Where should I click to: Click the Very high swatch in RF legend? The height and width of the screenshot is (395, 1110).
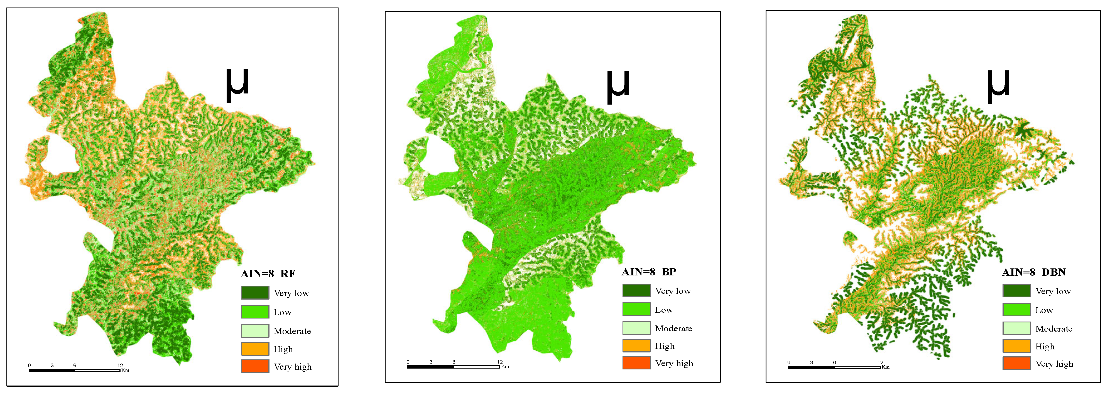click(255, 366)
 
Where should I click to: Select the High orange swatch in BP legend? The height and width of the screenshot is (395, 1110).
click(636, 345)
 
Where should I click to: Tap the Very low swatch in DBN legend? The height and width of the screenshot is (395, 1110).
click(1016, 291)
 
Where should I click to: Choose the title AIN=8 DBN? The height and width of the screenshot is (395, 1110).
click(1033, 272)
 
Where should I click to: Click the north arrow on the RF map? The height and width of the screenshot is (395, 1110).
click(237, 85)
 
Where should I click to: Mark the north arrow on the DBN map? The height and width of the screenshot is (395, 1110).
click(998, 87)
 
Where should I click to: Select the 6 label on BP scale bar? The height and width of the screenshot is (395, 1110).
click(454, 362)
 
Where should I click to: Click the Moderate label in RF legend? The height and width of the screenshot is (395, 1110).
click(292, 331)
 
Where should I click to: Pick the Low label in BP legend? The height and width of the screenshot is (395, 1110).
click(664, 310)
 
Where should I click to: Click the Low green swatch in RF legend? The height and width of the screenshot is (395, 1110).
click(255, 312)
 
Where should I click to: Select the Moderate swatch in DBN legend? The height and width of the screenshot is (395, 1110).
click(1016, 328)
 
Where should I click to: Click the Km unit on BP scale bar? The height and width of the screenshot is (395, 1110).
click(505, 367)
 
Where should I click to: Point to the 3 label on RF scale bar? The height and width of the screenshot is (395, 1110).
click(52, 365)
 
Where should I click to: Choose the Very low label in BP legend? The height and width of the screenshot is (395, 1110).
click(673, 291)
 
